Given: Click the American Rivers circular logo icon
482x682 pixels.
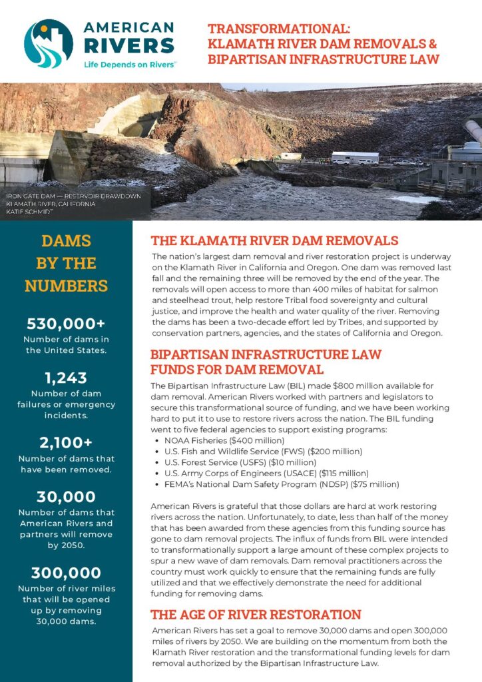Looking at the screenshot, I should click(x=49, y=43).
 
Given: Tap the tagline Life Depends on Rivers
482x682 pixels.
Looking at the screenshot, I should click(x=129, y=65).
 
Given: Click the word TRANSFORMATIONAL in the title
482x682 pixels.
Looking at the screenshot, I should click(x=279, y=29).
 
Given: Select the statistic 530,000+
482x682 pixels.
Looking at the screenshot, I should click(x=66, y=324).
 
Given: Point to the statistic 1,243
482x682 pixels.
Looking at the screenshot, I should click(x=66, y=378).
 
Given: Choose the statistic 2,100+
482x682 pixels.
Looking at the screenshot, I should click(x=66, y=442).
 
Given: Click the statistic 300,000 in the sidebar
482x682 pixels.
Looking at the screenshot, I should click(x=66, y=573).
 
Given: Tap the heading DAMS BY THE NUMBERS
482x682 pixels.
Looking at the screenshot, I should click(x=66, y=263).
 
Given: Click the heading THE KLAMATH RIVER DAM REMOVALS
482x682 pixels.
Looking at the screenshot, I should click(x=274, y=240).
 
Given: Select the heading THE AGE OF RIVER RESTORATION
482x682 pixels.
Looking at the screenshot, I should click(x=256, y=614).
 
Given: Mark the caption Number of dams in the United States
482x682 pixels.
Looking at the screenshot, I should click(x=66, y=345).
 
